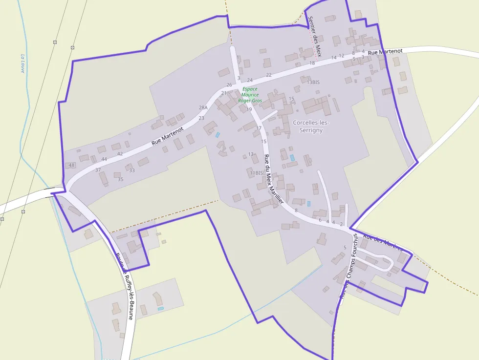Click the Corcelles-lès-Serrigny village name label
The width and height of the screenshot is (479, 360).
pyautogui.click(x=308, y=126)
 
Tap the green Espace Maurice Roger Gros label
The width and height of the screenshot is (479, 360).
pyautogui.click(x=250, y=95)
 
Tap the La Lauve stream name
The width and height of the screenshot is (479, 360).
pyautogui.click(x=22, y=63)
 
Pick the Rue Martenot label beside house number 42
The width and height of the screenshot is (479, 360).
pyautogui.click(x=167, y=135)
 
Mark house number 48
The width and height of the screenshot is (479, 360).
pyautogui.click(x=71, y=165)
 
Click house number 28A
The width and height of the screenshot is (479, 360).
pyautogui.click(x=203, y=107)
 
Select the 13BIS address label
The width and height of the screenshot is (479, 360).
pyautogui.click(x=313, y=83)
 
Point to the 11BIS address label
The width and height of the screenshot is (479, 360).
pyautogui.click(x=256, y=173)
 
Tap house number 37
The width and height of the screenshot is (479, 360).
pyautogui.click(x=98, y=170)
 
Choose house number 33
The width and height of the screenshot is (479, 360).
pyautogui.click(x=131, y=170)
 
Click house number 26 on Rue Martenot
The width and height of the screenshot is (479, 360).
pyautogui.click(x=229, y=85)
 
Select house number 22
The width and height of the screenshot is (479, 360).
pyautogui.click(x=268, y=75)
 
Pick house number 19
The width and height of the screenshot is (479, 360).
pyautogui.click(x=249, y=109)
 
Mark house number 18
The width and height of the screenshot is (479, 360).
pyautogui.click(x=312, y=63)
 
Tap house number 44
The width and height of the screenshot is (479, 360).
pyautogui.click(x=104, y=159)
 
